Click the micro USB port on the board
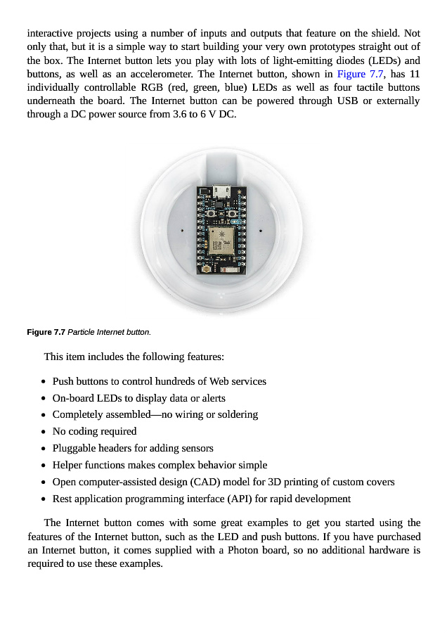tap(221, 191)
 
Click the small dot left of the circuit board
tap(183, 231)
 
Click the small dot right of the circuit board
tap(261, 231)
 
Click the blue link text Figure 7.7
tap(361, 74)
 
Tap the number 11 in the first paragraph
tap(414, 74)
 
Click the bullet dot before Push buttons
tap(44, 382)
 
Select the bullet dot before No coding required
tap(44, 432)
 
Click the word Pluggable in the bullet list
tap(73, 448)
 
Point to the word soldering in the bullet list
tap(235, 414)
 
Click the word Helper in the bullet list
tap(67, 465)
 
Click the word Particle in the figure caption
tap(82, 332)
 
